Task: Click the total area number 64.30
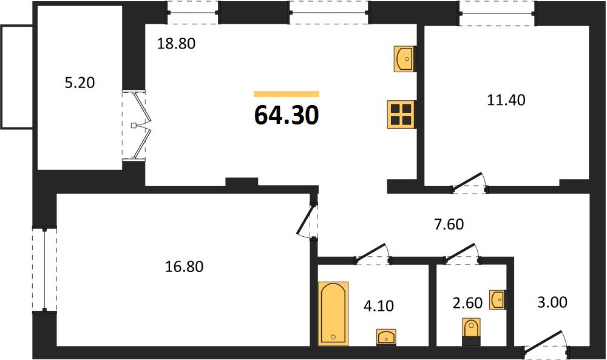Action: pyautogui.click(x=287, y=115)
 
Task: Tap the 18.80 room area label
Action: pyautogui.click(x=176, y=44)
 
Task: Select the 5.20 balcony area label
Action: pyautogui.click(x=80, y=83)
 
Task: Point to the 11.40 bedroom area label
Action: pyautogui.click(x=506, y=100)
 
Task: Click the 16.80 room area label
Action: pyautogui.click(x=185, y=267)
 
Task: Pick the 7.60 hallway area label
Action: pyautogui.click(x=449, y=224)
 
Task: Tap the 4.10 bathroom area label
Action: pyautogui.click(x=379, y=306)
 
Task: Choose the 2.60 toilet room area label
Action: pyautogui.click(x=467, y=303)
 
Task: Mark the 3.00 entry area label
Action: pyautogui.click(x=552, y=302)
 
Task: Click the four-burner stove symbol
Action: pyautogui.click(x=401, y=115)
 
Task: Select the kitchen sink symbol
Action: pyautogui.click(x=405, y=59)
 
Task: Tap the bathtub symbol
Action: pyautogui.click(x=333, y=313)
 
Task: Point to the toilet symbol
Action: pyautogui.click(x=471, y=331)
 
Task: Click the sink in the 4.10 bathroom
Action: pyautogui.click(x=386, y=337)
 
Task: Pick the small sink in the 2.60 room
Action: pyautogui.click(x=498, y=300)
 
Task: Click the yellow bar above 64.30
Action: pyautogui.click(x=287, y=94)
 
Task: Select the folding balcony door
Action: pyautogui.click(x=140, y=126)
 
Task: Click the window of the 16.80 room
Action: pyautogui.click(x=44, y=269)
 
